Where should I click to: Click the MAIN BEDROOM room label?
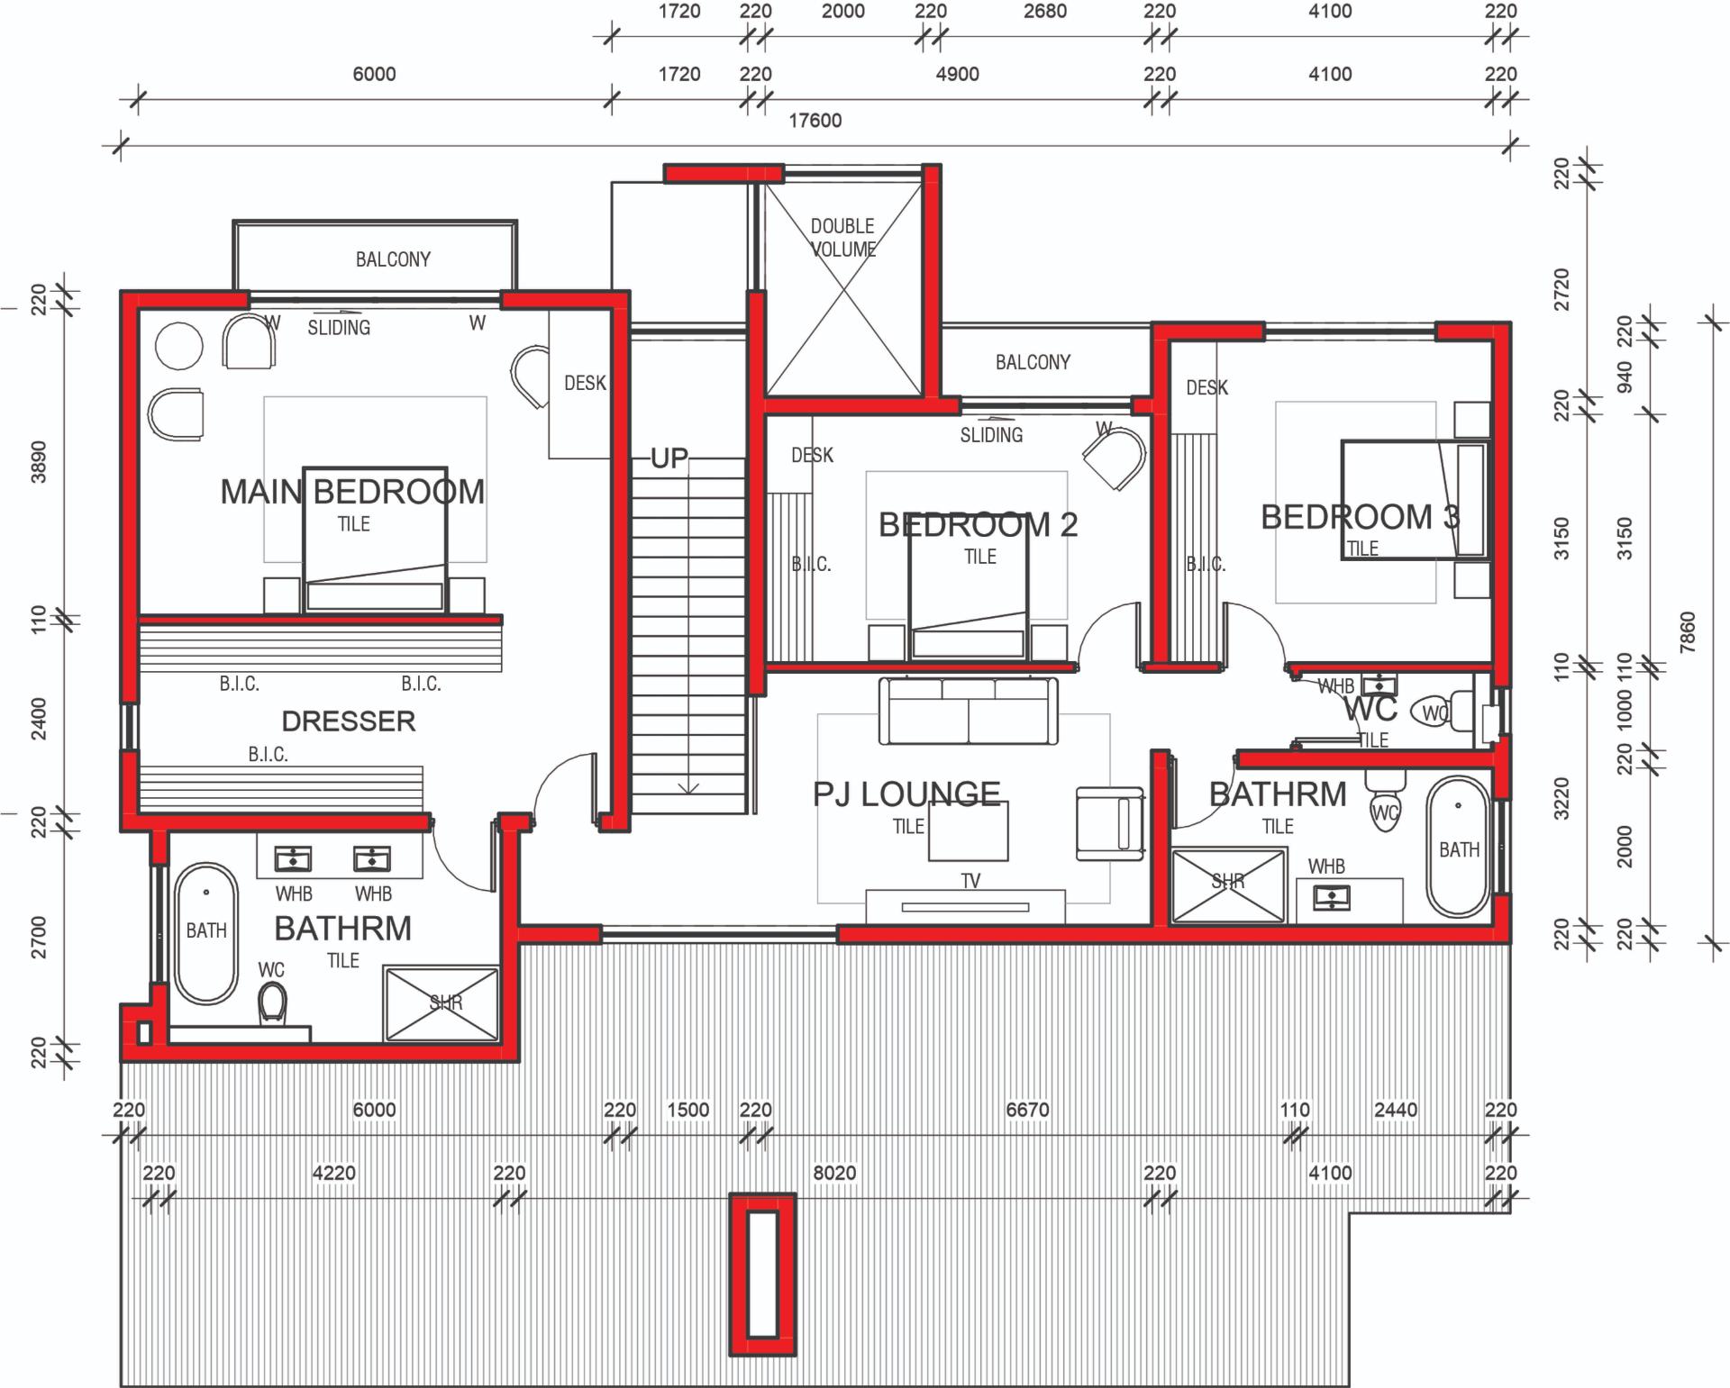[x=352, y=492]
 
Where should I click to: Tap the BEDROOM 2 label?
[x=978, y=524]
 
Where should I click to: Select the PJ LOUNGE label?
[x=906, y=794]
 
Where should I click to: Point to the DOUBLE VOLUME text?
[x=842, y=237]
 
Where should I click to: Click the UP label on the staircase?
[x=669, y=458]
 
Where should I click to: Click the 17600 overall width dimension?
[x=815, y=121]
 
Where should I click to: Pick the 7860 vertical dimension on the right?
[x=1688, y=632]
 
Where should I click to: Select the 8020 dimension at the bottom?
[x=834, y=1173]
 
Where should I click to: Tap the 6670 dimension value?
[x=1027, y=1110]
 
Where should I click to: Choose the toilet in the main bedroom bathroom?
[x=272, y=1002]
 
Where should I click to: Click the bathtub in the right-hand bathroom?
[x=1458, y=847]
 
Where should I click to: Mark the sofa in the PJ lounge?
[x=969, y=712]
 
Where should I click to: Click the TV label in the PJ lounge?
[x=970, y=881]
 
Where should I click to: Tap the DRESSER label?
[x=349, y=721]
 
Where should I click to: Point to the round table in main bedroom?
[x=179, y=345]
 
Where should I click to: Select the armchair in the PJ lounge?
[x=1110, y=823]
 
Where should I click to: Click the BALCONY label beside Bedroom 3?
[x=1033, y=362]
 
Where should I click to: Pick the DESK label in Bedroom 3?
[x=1206, y=387]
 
